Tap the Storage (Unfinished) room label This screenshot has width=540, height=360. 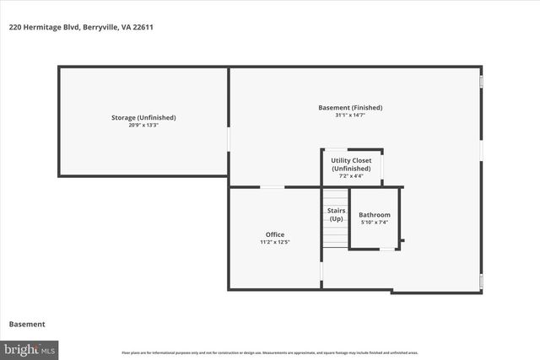click(x=143, y=117)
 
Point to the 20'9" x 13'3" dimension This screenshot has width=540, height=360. click(x=143, y=126)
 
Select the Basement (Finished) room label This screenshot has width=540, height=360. click(x=350, y=107)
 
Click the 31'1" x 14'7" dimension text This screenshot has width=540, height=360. click(x=350, y=116)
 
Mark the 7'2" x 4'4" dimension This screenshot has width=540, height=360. click(x=351, y=176)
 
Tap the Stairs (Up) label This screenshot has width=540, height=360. click(x=336, y=214)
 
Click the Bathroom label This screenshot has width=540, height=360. click(x=375, y=215)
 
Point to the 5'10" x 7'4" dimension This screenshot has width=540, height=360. click(x=375, y=223)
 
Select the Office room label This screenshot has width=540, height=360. click(x=275, y=234)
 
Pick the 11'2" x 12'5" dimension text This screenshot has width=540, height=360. click(x=275, y=243)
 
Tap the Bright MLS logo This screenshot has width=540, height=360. click(x=30, y=348)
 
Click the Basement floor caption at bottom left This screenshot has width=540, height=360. click(x=27, y=324)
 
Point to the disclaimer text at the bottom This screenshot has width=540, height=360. click(x=270, y=352)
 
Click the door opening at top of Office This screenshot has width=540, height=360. click(x=272, y=187)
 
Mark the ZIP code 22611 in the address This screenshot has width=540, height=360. click(x=142, y=27)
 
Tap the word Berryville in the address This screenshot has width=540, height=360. click(x=100, y=27)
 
